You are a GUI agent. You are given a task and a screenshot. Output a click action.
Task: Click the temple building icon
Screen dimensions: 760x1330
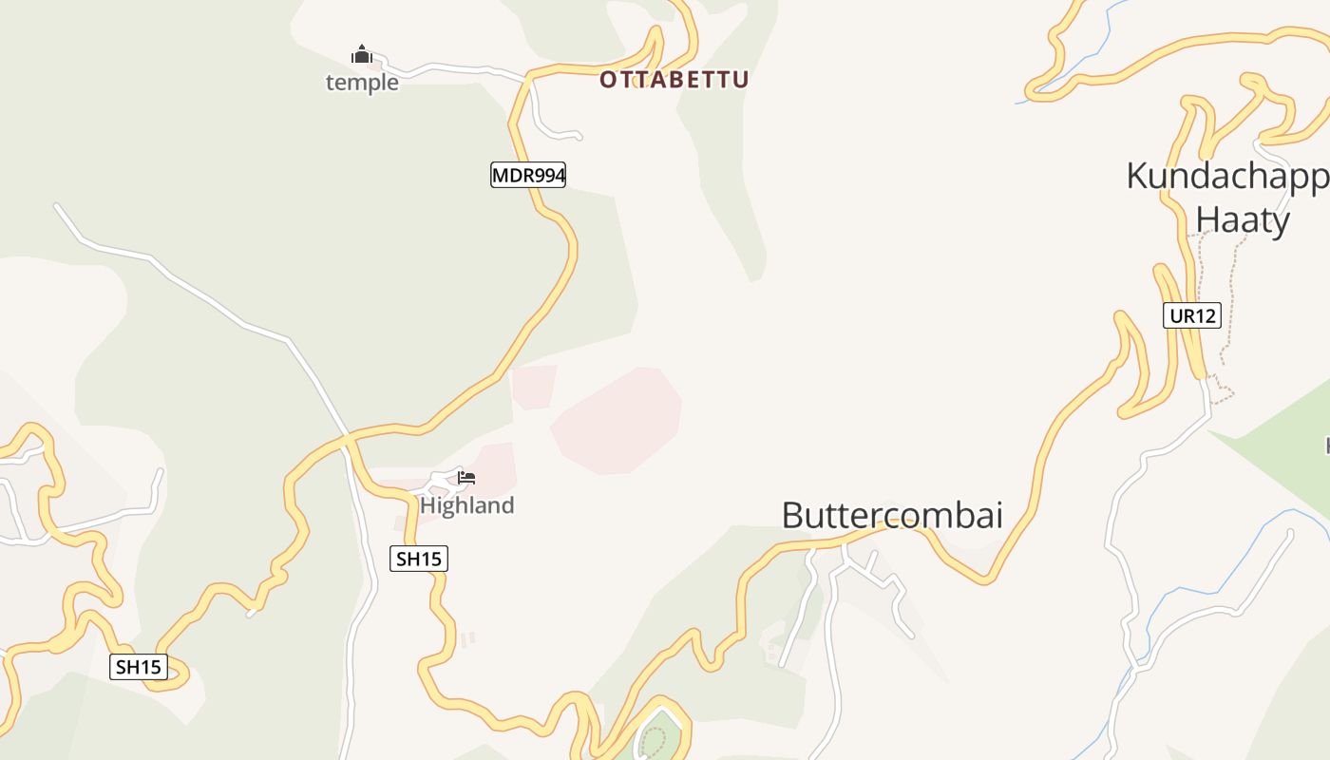[361, 55]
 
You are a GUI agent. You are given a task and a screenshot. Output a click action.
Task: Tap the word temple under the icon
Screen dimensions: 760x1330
[362, 83]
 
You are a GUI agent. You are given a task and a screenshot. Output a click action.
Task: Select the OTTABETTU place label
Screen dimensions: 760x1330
[674, 80]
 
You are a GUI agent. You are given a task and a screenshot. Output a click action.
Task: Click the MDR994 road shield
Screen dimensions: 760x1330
[528, 175]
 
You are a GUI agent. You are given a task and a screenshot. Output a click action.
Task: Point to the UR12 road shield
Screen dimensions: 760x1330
[1191, 315]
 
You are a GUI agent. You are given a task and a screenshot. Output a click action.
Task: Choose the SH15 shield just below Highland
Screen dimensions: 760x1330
[418, 559]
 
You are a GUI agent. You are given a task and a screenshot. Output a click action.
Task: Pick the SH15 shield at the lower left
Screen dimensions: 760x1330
[139, 667]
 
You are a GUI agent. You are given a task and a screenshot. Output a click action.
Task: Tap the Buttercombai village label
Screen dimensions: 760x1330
[892, 515]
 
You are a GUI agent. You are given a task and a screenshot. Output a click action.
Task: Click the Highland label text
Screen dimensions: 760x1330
[466, 505]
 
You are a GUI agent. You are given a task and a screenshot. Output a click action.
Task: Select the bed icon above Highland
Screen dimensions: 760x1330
[465, 478]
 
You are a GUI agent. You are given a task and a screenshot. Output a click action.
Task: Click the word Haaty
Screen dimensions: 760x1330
[1242, 220]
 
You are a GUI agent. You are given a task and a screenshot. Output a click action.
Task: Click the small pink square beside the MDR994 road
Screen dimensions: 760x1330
[533, 387]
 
